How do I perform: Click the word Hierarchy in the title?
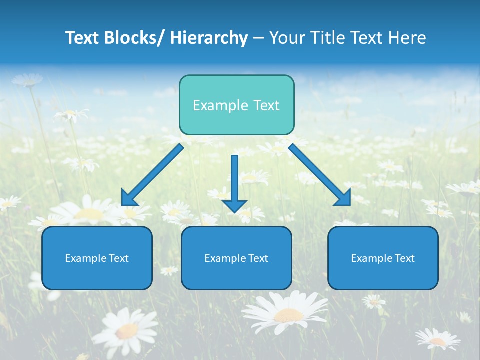(209, 38)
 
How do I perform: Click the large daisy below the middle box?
(286, 312)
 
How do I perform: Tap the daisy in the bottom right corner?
(437, 340)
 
